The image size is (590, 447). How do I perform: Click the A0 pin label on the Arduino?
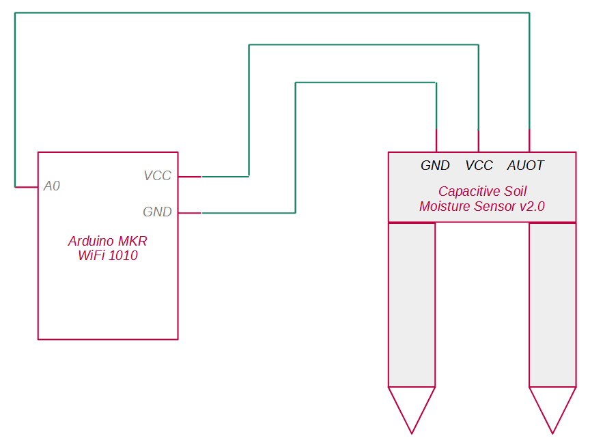[52, 186]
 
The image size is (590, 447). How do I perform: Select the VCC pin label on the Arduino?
[157, 176]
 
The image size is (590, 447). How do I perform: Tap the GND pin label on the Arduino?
[157, 212]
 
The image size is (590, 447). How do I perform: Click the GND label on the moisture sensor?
[435, 166]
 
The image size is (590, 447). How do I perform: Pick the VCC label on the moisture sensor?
[479, 166]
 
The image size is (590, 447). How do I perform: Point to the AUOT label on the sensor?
[525, 166]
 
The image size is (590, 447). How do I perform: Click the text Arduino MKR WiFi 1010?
[108, 248]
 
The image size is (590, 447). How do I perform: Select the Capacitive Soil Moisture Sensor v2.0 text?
[482, 199]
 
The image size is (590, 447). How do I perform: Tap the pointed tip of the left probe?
[412, 430]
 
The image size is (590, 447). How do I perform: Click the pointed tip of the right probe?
[552, 430]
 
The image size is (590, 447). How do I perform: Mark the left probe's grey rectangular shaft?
[412, 304]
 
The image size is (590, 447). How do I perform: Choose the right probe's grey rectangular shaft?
[552, 304]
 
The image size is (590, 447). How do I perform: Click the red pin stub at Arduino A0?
[27, 186]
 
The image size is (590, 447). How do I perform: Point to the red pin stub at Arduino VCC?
[190, 177]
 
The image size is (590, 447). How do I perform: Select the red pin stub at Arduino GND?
[190, 213]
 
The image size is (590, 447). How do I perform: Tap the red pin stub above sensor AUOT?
[529, 141]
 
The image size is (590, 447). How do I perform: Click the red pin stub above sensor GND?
[436, 141]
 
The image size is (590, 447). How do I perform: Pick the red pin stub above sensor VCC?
[479, 141]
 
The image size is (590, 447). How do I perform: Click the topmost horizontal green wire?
[273, 13]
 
